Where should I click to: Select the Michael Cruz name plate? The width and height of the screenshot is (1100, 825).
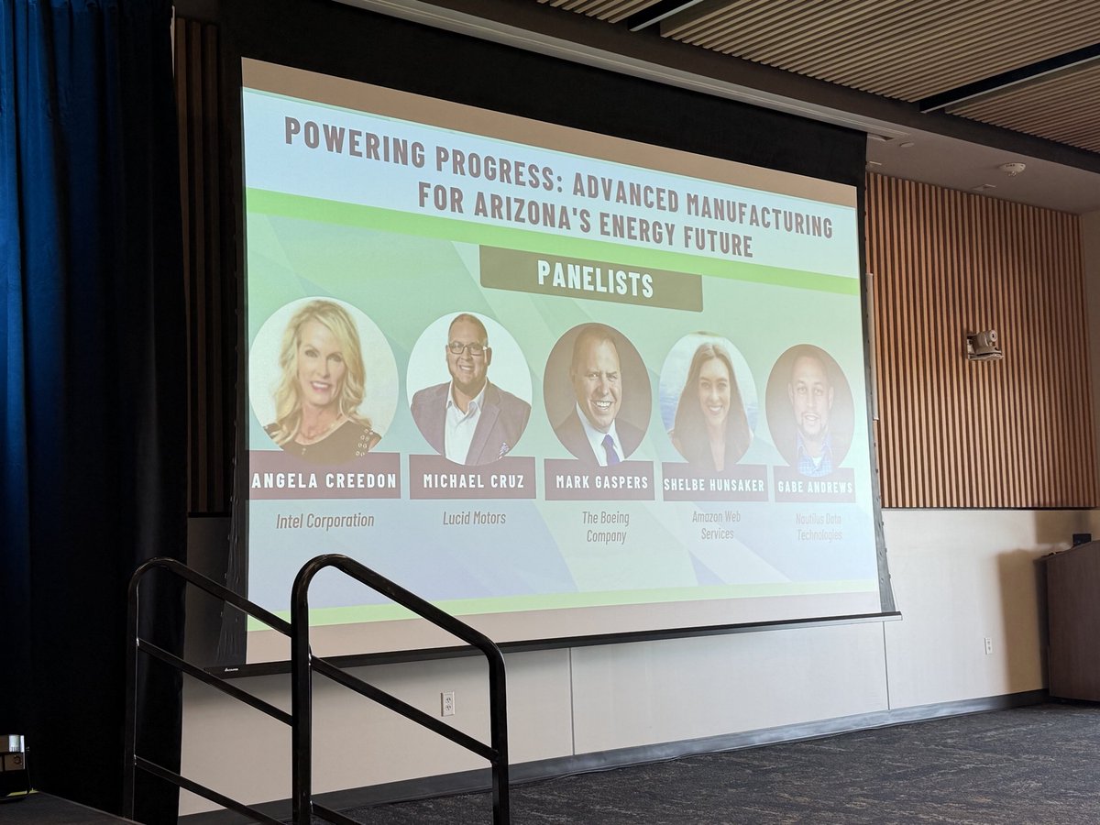(x=471, y=479)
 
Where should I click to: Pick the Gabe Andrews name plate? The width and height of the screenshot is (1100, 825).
(x=814, y=485)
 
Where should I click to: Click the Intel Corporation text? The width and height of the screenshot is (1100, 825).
(x=324, y=521)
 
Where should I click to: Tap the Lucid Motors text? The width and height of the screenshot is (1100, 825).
(x=474, y=518)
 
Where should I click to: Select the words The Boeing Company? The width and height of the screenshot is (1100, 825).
(x=604, y=526)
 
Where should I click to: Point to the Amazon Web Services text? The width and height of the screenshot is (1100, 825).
(x=717, y=525)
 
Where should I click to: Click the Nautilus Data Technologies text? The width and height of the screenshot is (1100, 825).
(x=819, y=526)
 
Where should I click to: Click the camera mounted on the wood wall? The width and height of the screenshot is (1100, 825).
(x=984, y=346)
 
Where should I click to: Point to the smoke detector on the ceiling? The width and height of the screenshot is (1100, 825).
(x=1012, y=169)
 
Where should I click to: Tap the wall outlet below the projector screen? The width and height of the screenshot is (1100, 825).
(x=447, y=703)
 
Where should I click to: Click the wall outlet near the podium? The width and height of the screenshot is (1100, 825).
(x=988, y=645)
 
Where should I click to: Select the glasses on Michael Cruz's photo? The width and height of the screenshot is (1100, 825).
(x=467, y=347)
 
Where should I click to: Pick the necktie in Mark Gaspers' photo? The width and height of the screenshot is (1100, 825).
(x=610, y=448)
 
